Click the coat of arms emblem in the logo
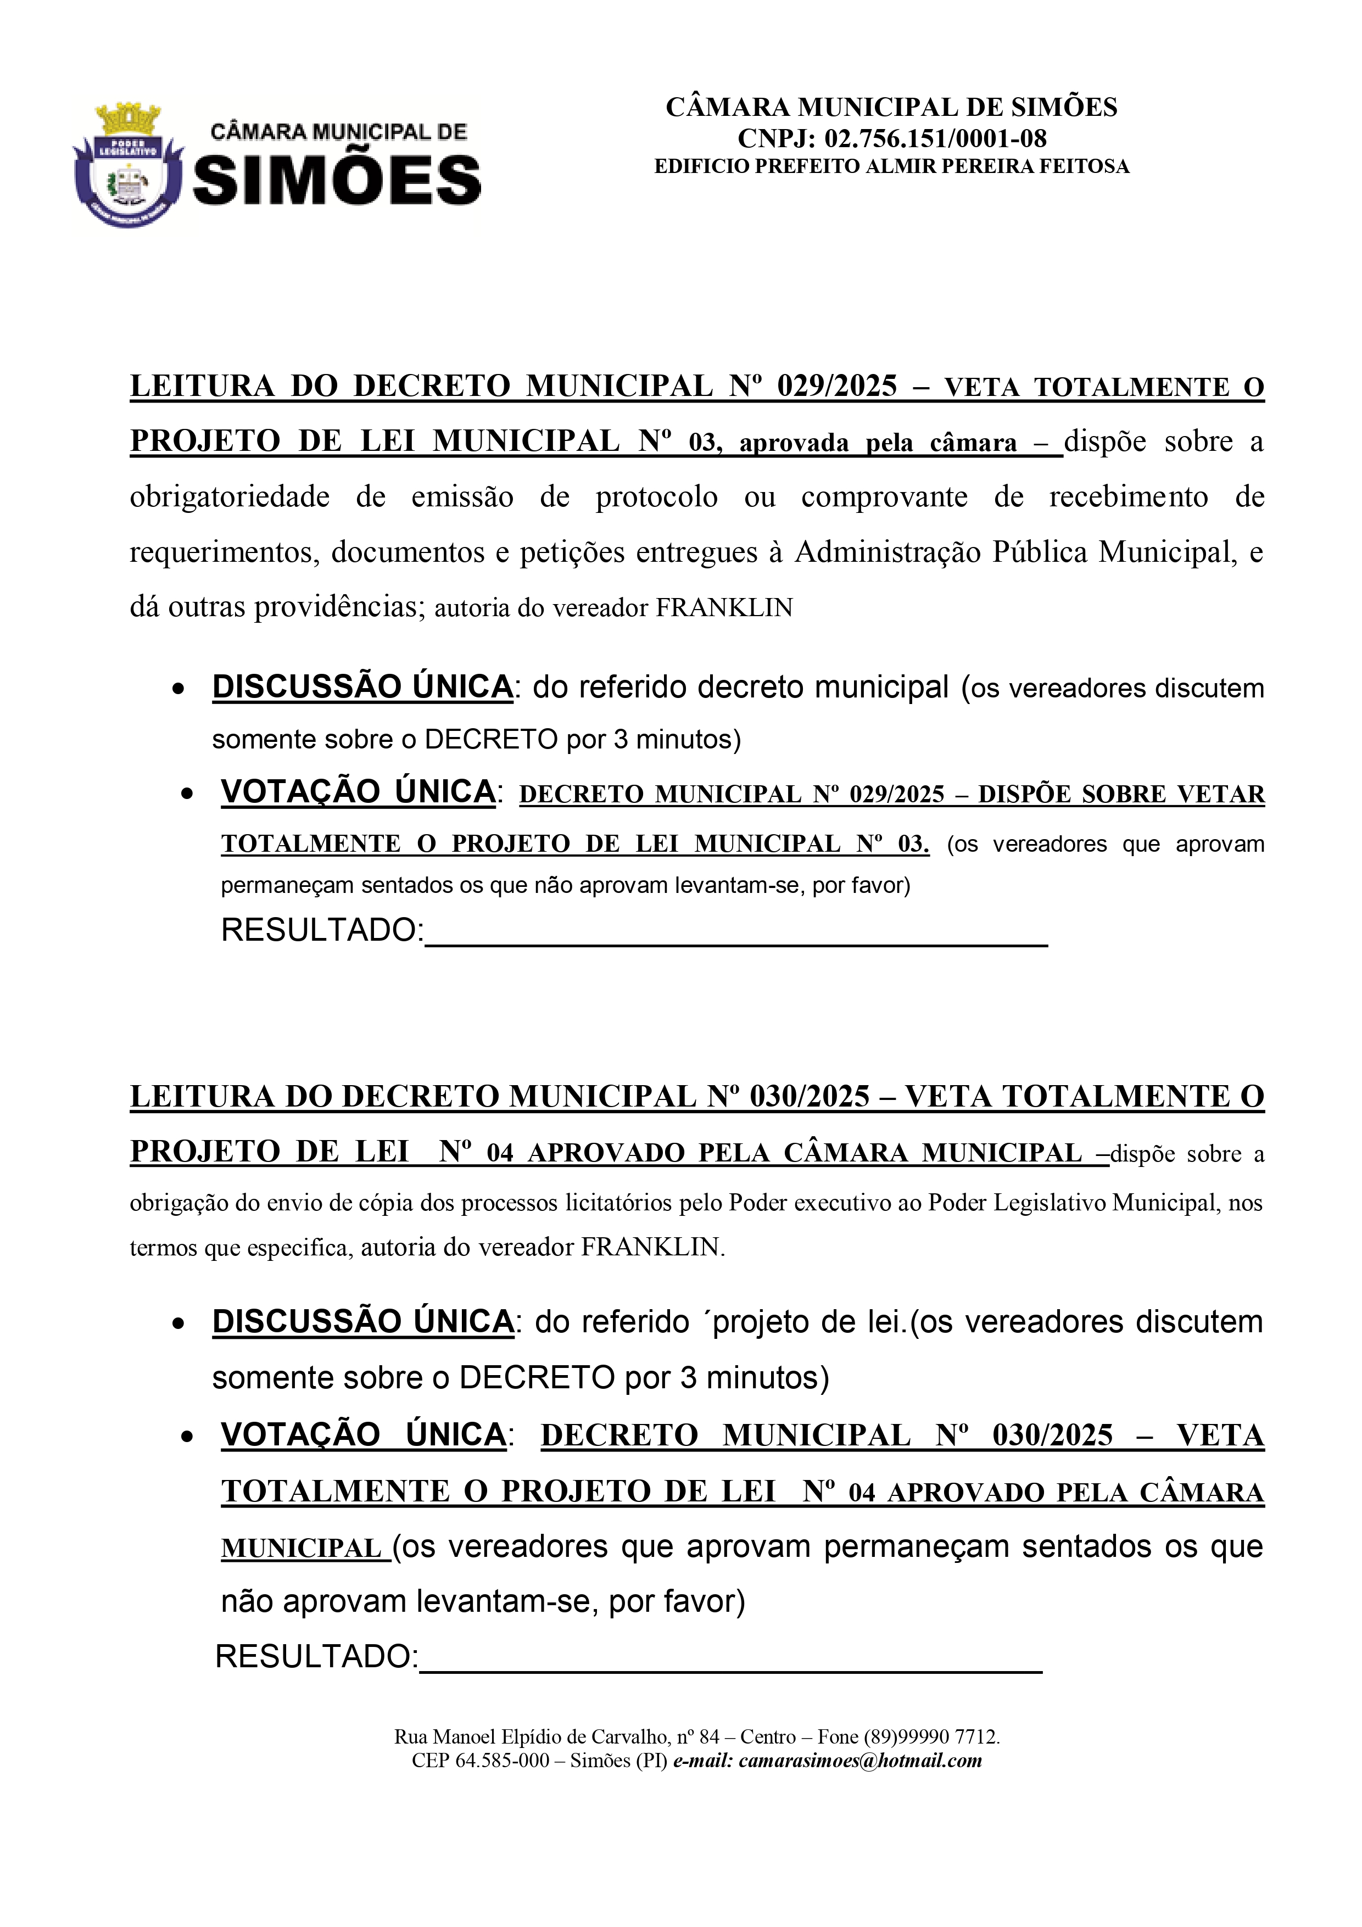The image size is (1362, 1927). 127,166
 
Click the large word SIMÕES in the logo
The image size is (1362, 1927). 337,181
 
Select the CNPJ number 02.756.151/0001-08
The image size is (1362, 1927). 935,138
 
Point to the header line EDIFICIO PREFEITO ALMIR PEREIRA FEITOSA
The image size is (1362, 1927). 891,166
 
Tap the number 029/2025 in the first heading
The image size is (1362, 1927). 836,386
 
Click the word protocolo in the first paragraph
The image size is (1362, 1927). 656,497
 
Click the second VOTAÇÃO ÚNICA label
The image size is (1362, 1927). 364,1434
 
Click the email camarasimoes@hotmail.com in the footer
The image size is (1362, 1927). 860,1760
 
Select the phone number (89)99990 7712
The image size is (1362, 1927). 931,1736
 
